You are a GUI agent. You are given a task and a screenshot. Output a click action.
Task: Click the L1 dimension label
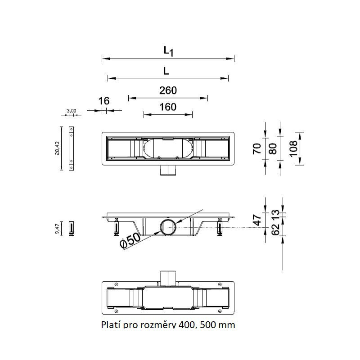point(168,51)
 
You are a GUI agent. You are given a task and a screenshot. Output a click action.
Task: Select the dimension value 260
point(168,90)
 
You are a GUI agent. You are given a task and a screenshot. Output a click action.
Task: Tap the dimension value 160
point(168,107)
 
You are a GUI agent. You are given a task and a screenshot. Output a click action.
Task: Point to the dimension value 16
point(104,101)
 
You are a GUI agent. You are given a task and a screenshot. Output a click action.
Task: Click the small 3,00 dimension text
point(71,110)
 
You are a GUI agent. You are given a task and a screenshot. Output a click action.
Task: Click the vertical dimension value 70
point(257,149)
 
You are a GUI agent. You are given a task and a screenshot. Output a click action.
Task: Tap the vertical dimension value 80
point(272,149)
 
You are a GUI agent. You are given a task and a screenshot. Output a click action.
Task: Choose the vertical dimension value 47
point(257,220)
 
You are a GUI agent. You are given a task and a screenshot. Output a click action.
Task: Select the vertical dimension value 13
point(275,213)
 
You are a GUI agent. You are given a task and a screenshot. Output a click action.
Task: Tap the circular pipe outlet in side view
point(168,227)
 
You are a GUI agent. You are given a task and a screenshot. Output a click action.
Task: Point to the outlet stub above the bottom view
point(168,278)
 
